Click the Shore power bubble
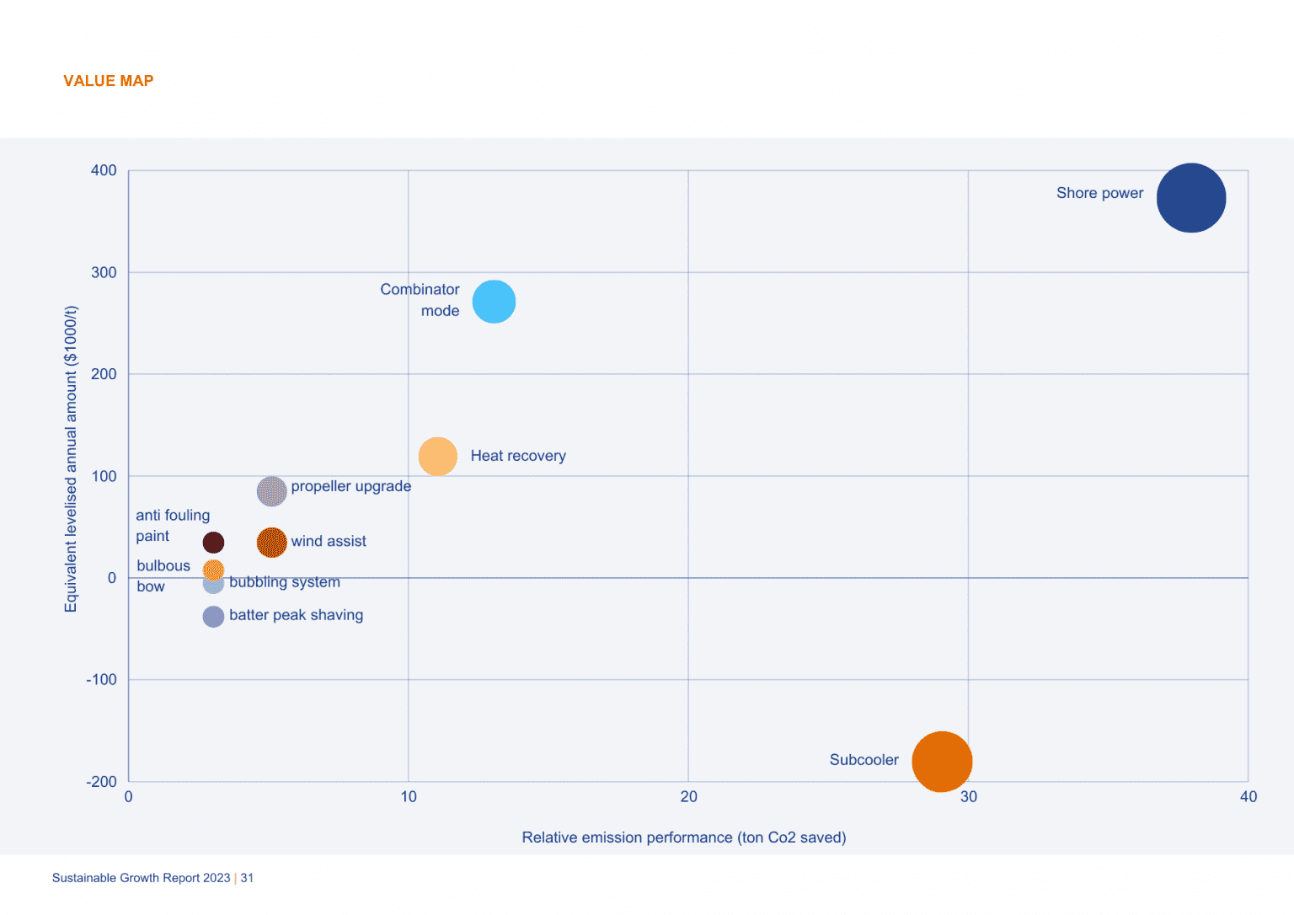coord(1190,198)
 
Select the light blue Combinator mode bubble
coord(494,302)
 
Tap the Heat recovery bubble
coord(437,457)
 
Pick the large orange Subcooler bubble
coord(942,762)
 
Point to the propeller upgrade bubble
coord(271,491)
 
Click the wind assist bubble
coord(271,543)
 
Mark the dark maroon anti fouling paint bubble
coord(213,543)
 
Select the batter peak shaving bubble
coord(213,617)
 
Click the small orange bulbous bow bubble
coord(213,570)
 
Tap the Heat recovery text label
coord(518,456)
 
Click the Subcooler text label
coord(864,760)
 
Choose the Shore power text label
coord(1099,193)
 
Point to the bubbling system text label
coord(285,582)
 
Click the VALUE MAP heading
coord(108,81)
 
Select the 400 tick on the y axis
coord(104,170)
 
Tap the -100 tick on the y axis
coord(101,680)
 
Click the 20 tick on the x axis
coord(688,797)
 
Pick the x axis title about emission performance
coord(683,837)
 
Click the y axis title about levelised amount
coord(71,459)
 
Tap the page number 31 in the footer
coord(247,878)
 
